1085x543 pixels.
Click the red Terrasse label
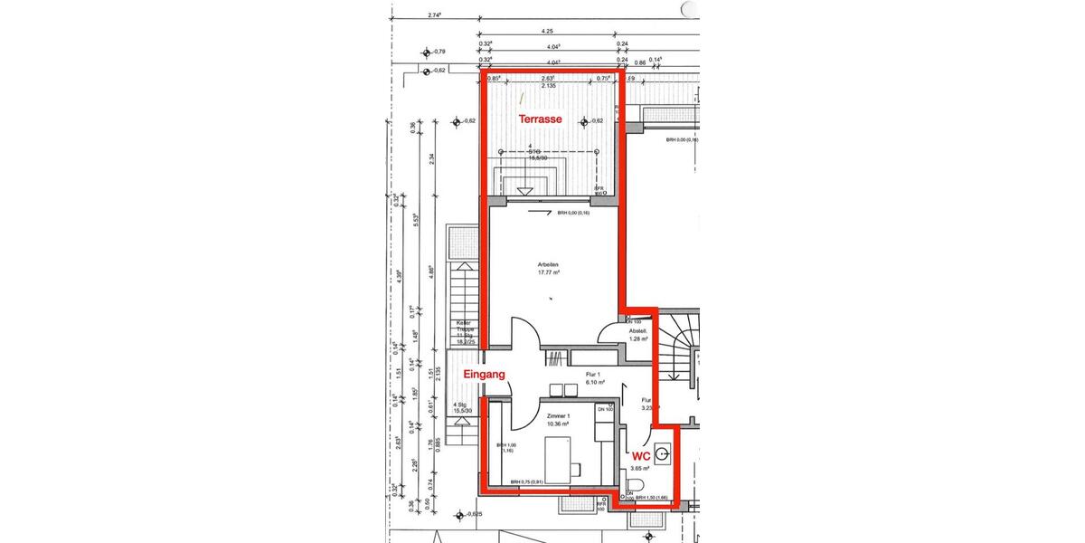pyautogui.click(x=540, y=119)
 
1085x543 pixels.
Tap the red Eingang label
pyautogui.click(x=484, y=374)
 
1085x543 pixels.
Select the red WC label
pyautogui.click(x=641, y=457)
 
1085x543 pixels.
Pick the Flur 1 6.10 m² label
pyautogui.click(x=593, y=377)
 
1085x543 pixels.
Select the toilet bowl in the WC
pyautogui.click(x=633, y=483)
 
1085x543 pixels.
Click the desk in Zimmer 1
pyautogui.click(x=560, y=458)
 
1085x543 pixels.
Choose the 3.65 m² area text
pyautogui.click(x=640, y=469)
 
